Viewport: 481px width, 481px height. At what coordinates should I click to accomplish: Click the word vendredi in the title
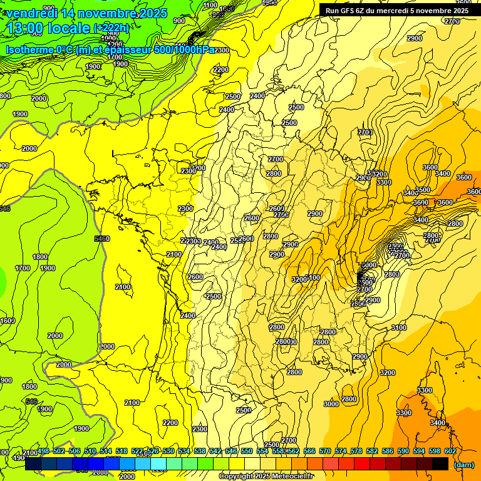pyautogui.click(x=32, y=13)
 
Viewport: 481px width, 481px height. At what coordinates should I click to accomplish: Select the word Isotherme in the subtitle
pyautogui.click(x=29, y=49)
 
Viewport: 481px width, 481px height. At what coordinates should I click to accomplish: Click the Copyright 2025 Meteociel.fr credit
pyautogui.click(x=266, y=477)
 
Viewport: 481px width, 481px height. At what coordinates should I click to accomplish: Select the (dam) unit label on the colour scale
pyautogui.click(x=463, y=464)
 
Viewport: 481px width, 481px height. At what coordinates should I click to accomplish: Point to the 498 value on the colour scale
pyautogui.click(x=43, y=452)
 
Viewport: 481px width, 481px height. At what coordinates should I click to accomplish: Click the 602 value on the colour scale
pyautogui.click(x=450, y=452)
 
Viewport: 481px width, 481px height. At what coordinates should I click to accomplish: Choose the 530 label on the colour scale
pyautogui.click(x=168, y=452)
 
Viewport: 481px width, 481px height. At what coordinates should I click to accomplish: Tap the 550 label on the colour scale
pyautogui.click(x=247, y=452)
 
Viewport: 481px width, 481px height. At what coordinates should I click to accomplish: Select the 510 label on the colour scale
pyautogui.click(x=90, y=452)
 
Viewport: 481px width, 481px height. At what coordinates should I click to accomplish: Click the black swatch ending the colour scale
pyautogui.click(x=440, y=464)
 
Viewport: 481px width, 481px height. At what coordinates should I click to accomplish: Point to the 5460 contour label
pyautogui.click(x=101, y=239)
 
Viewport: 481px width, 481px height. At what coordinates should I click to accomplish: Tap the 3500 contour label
pyautogui.click(x=423, y=190)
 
